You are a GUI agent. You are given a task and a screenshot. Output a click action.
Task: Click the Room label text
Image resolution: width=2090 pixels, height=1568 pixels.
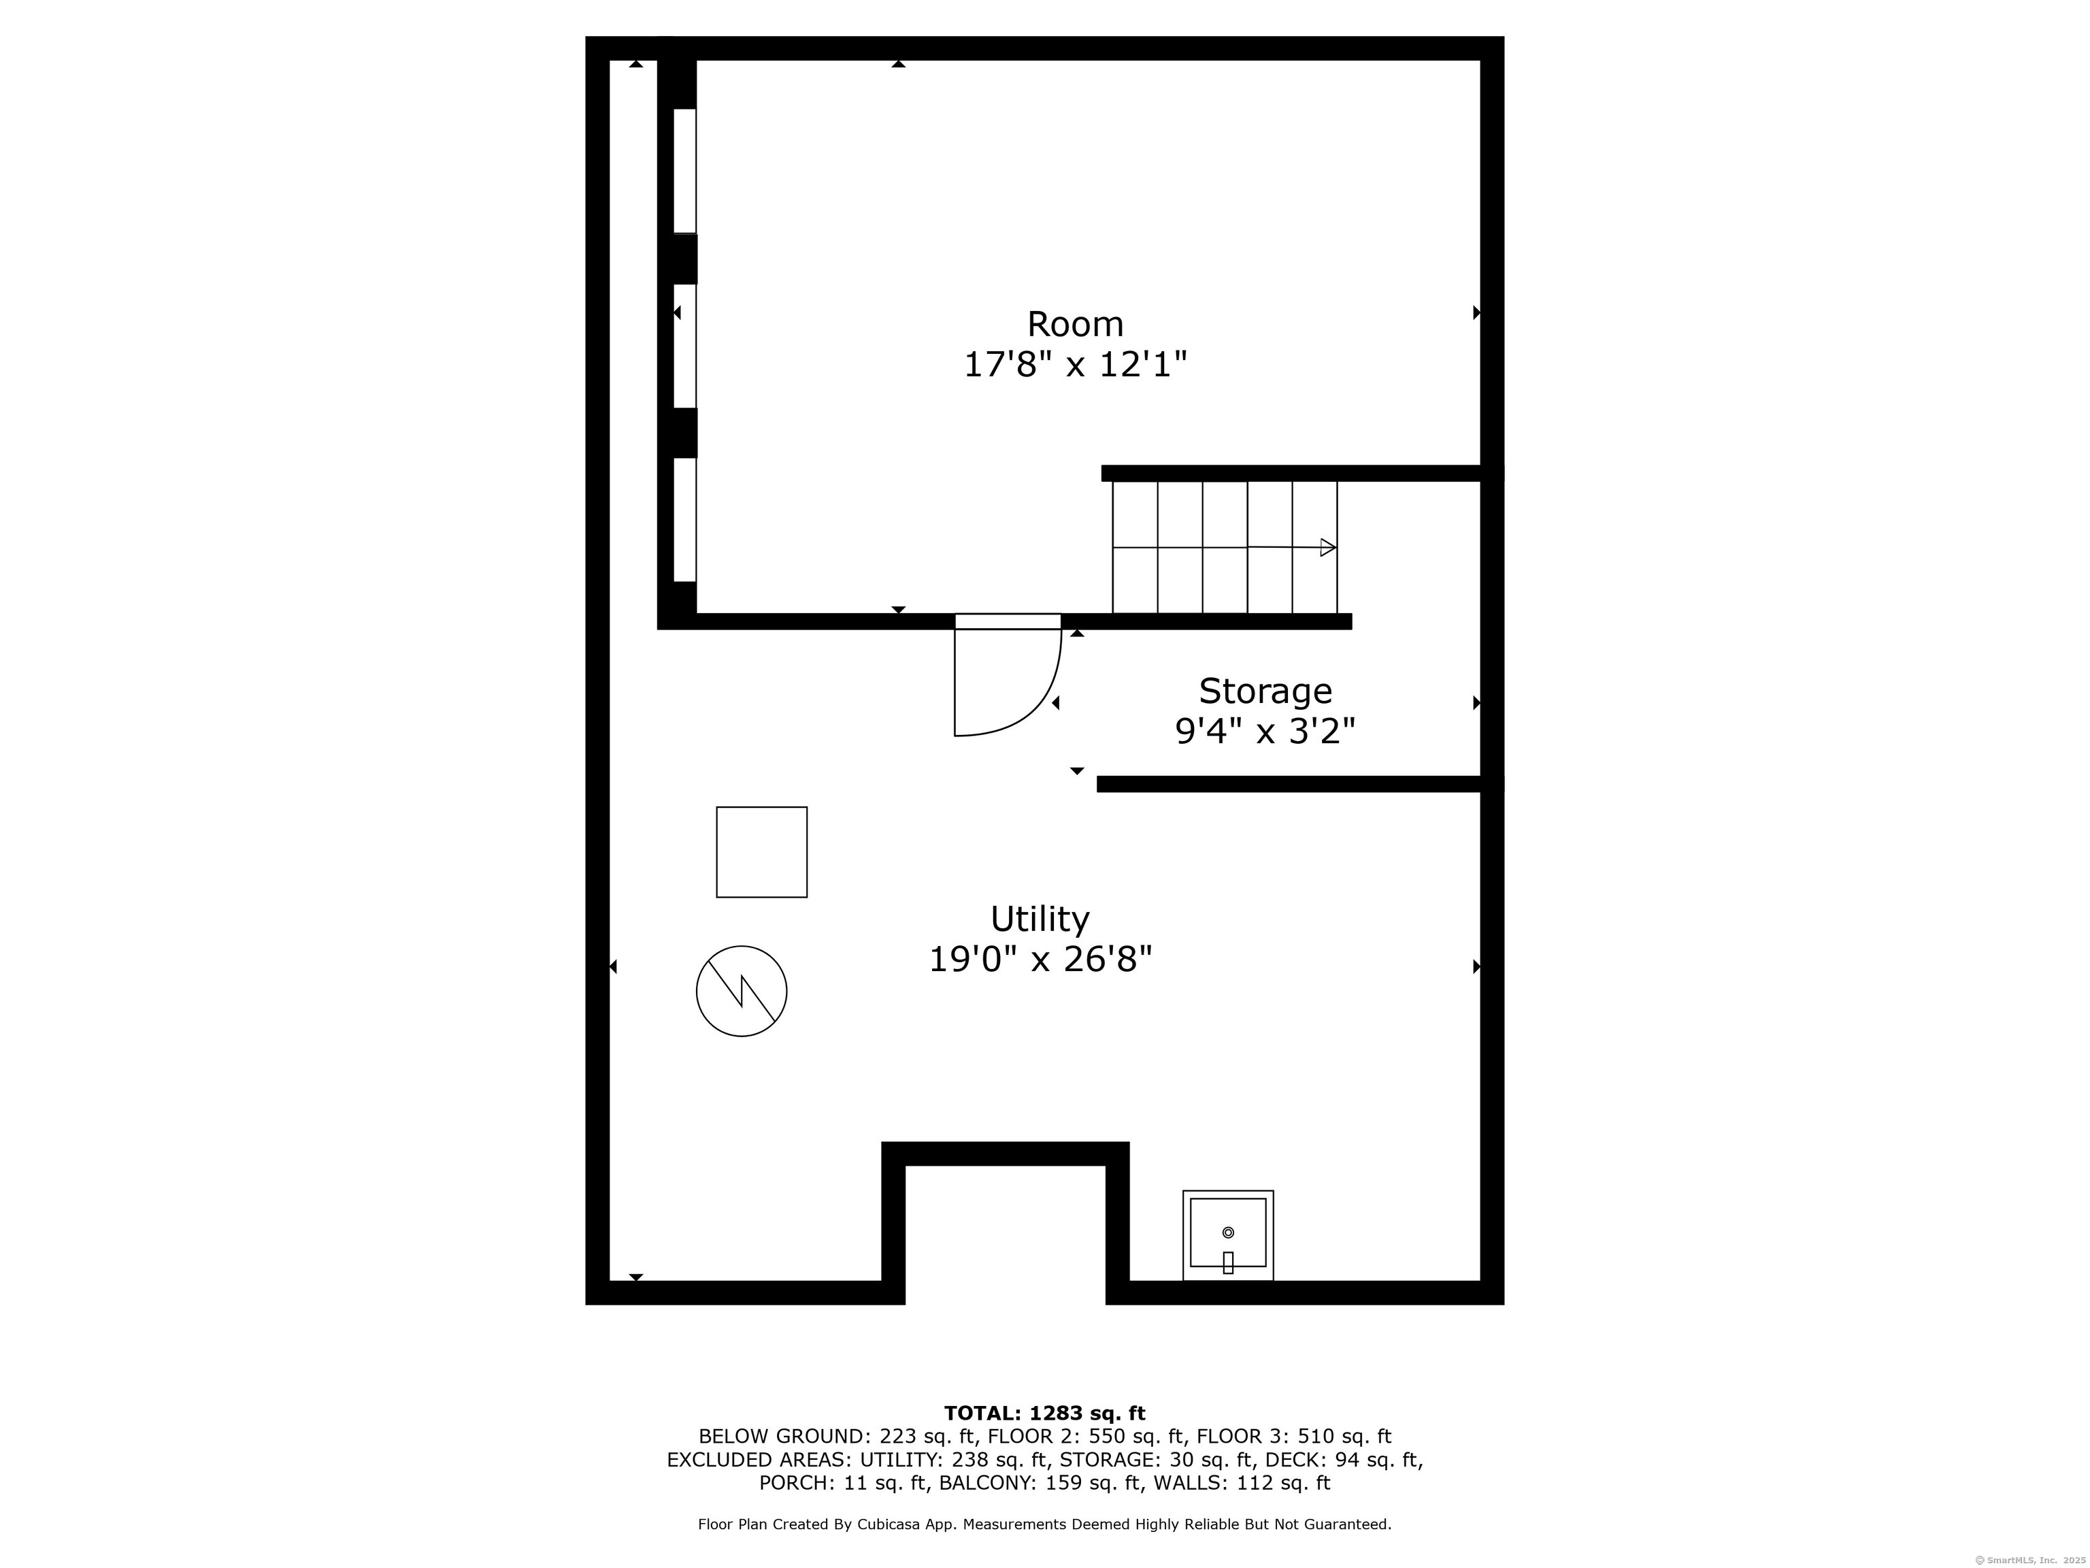click(x=1075, y=324)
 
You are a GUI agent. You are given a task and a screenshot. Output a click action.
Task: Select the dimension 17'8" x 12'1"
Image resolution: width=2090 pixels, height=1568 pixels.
click(x=1074, y=365)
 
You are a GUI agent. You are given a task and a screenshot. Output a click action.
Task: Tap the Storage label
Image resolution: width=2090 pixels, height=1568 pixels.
click(x=1265, y=691)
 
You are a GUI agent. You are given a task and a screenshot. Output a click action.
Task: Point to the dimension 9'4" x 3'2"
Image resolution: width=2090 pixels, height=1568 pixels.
click(x=1265, y=731)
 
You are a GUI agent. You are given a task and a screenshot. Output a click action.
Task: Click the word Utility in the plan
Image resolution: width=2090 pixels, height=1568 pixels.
click(x=1040, y=919)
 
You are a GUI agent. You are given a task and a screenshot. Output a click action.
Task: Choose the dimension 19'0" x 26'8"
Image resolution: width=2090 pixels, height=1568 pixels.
click(x=1040, y=960)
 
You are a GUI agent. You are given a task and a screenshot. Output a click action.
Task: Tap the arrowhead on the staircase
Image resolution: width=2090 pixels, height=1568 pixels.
click(x=1327, y=547)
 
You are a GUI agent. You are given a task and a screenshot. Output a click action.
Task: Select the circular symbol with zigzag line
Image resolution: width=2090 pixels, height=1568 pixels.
click(x=742, y=992)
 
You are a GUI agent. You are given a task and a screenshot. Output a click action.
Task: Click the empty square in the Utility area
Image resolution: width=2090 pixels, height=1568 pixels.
click(x=761, y=851)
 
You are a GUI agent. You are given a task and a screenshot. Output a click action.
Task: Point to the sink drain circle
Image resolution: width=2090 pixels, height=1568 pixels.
click(x=1228, y=1232)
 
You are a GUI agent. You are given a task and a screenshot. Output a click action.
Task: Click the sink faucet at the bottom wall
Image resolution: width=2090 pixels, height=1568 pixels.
click(x=1228, y=1262)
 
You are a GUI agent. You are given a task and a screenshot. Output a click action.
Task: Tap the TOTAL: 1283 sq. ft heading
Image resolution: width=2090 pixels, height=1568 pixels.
click(x=1044, y=1413)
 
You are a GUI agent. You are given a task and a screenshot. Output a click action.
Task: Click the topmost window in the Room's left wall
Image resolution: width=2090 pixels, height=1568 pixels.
click(x=685, y=170)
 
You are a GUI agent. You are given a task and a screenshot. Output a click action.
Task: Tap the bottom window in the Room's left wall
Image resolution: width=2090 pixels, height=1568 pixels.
click(x=685, y=520)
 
